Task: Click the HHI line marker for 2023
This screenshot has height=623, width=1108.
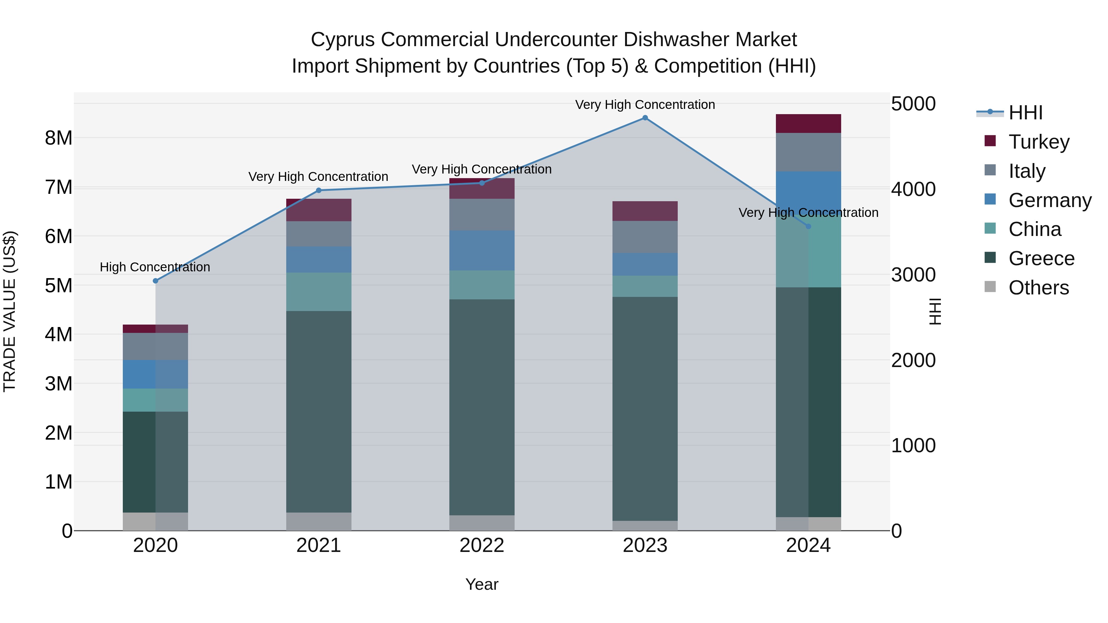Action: [645, 118]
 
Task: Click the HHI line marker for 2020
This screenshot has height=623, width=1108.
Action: [156, 281]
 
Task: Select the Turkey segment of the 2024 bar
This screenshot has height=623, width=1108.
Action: [808, 124]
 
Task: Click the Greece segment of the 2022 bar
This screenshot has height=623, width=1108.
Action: [482, 407]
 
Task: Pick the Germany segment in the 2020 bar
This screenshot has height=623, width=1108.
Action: [155, 374]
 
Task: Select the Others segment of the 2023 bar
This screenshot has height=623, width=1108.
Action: [645, 525]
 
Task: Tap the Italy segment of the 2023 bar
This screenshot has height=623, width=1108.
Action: [645, 237]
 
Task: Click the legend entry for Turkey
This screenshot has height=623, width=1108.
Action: [1038, 142]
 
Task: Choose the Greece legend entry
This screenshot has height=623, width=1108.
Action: [1041, 258]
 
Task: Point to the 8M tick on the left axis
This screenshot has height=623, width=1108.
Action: [58, 138]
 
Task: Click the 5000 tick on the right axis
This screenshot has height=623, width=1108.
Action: [913, 104]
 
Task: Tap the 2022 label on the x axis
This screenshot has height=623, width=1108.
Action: [482, 545]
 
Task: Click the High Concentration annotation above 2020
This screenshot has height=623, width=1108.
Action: [155, 267]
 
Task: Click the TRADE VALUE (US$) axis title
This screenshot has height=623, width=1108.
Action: [10, 311]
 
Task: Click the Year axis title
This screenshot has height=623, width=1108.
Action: [482, 584]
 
